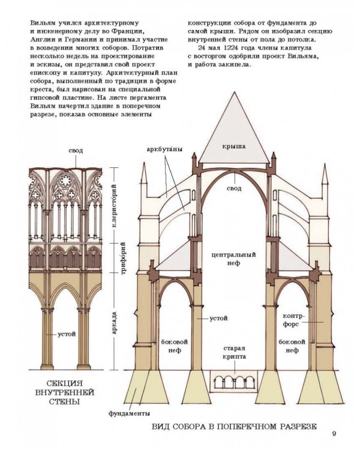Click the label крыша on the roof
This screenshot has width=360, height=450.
pyautogui.click(x=233, y=145)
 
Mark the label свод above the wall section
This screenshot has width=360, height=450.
pyautogui.click(x=76, y=151)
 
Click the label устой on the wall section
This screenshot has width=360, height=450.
pyautogui.click(x=66, y=334)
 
